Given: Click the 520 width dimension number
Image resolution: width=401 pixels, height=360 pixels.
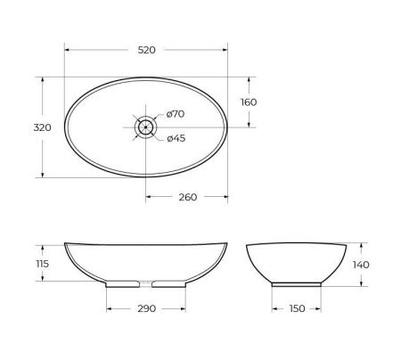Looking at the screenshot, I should [147, 50].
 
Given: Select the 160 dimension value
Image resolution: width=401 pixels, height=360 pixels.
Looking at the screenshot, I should [249, 102].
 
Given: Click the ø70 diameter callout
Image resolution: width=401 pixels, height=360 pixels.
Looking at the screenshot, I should [175, 114].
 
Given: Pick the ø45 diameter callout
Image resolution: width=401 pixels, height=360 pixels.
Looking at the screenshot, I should [175, 137].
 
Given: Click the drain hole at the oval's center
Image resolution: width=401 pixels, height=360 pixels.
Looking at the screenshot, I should [145, 127].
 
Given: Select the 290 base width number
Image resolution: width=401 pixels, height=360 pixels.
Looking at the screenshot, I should [148, 308].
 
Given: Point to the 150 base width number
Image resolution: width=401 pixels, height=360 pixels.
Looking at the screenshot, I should [296, 308].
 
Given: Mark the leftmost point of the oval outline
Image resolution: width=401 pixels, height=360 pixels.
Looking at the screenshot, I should [66, 127].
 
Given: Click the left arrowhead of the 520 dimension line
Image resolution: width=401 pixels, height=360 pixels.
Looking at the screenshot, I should [68, 61].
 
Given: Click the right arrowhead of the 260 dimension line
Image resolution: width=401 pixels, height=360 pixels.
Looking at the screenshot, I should [225, 198].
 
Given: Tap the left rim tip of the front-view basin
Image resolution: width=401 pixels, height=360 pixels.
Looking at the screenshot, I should [66, 243].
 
